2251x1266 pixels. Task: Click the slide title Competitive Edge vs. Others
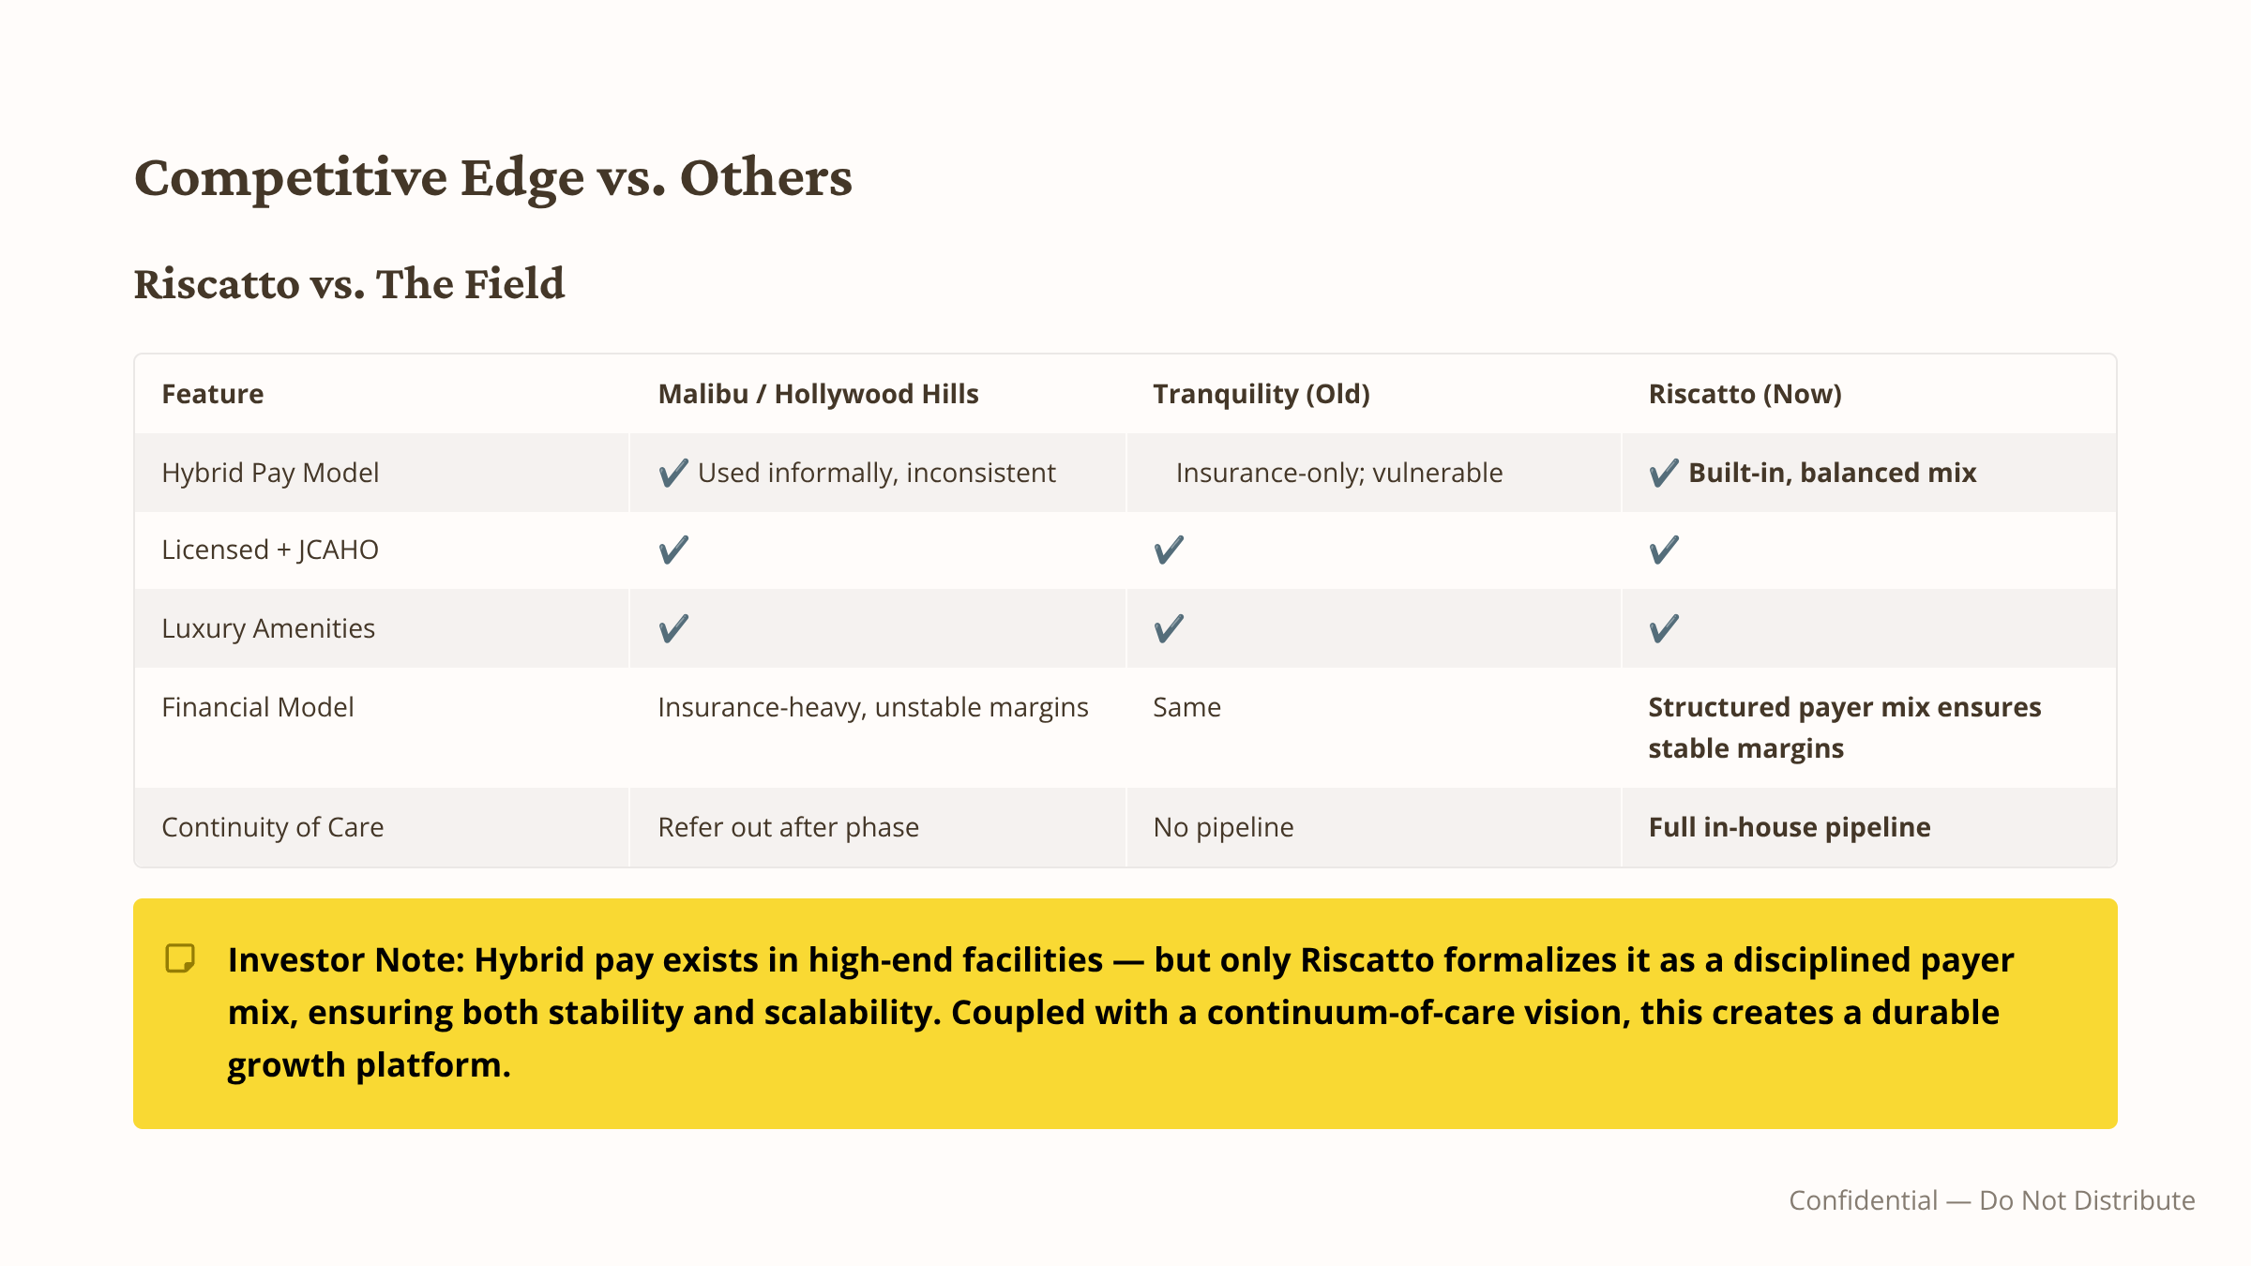coord(493,177)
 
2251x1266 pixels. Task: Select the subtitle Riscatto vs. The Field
coord(349,283)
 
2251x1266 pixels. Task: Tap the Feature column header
coord(213,394)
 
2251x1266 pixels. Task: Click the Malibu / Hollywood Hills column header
coord(818,394)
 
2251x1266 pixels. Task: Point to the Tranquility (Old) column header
coord(1261,394)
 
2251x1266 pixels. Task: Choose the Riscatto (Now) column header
coord(1745,394)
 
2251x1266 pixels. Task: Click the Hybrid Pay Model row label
coord(270,473)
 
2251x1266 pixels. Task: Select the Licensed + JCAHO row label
coord(270,550)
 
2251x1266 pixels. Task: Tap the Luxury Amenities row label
coord(268,628)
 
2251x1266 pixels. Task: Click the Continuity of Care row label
coord(273,827)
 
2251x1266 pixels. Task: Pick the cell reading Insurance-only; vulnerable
coord(1339,473)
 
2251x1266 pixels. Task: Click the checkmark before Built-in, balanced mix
coord(1664,473)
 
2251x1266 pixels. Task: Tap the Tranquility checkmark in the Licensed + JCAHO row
coord(1169,550)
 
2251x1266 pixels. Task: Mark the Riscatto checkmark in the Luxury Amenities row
coord(1664,628)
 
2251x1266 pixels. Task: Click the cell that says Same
coord(1187,707)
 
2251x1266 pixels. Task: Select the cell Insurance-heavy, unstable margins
coord(873,707)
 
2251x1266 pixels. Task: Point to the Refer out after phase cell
coord(789,827)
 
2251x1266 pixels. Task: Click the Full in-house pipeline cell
coord(1790,827)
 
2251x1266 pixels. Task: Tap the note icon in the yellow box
coord(180,958)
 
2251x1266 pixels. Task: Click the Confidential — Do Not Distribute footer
coord(1992,1200)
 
